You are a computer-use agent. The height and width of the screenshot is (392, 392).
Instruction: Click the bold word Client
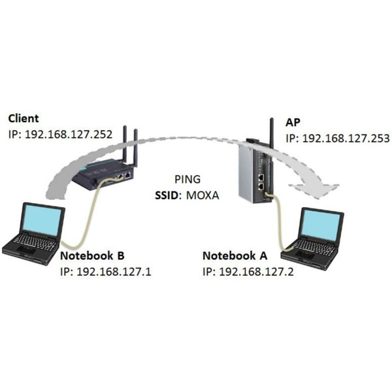pyautogui.click(x=24, y=118)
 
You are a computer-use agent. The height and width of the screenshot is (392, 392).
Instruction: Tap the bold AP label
pyautogui.click(x=293, y=123)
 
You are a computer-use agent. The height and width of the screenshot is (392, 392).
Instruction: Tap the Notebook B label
pyautogui.click(x=92, y=255)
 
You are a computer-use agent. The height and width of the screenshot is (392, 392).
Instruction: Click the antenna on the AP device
pyautogui.click(x=269, y=128)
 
